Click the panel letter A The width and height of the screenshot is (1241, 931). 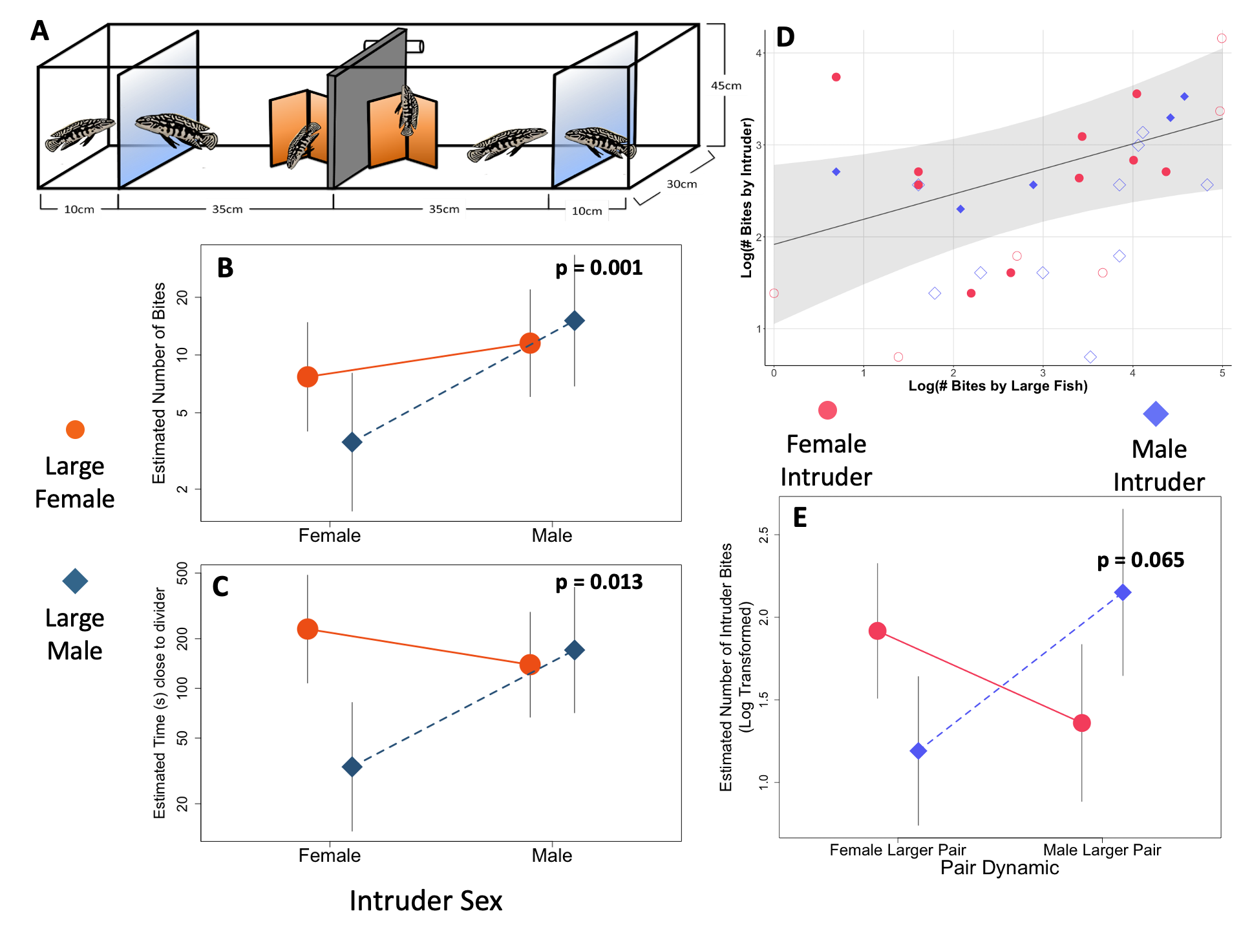point(40,30)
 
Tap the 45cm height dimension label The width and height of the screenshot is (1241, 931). point(726,85)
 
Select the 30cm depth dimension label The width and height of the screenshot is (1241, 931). point(682,184)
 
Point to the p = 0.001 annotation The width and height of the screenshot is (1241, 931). point(599,268)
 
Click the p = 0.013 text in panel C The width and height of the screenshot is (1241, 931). point(599,582)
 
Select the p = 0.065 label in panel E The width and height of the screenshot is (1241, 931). point(1141,560)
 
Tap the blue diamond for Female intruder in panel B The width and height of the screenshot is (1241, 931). point(352,442)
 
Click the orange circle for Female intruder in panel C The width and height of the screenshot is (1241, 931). point(308,628)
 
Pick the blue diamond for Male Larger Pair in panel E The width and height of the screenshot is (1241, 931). point(1123,592)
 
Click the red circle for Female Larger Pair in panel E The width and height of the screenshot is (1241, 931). point(877,631)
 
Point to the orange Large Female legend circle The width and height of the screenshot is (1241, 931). point(75,429)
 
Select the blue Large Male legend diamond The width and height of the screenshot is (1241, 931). point(75,581)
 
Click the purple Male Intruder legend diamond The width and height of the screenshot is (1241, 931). point(1156,414)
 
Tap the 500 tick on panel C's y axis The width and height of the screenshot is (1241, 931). point(183,573)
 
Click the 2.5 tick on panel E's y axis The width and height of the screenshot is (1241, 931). point(764,535)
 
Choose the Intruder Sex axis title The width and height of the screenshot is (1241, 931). point(426,901)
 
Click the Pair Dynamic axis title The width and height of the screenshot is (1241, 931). point(999,868)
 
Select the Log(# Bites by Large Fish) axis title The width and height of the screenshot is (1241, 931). point(998,386)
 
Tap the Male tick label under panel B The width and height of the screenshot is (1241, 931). point(551,535)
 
